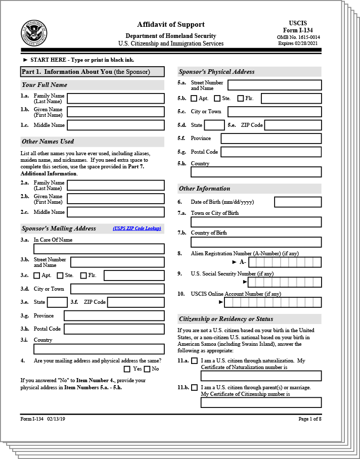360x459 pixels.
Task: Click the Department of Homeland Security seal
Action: coord(34,33)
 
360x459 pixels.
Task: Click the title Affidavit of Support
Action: coord(171,24)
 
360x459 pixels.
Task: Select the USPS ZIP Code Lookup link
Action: coord(137,228)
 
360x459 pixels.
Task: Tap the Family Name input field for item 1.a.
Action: coord(116,98)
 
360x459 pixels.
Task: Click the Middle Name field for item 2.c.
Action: coord(116,212)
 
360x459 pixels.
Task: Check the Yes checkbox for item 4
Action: coord(127,369)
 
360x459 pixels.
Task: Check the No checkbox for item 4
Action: coord(148,369)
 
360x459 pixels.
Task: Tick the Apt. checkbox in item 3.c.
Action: coord(36,276)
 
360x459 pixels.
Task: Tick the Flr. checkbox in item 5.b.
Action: coord(240,99)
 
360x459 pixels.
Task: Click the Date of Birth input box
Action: coord(298,202)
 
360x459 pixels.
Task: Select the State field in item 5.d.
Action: coord(214,125)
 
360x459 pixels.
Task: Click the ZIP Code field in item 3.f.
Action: coord(136,302)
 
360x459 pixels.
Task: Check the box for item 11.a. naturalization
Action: coord(194,361)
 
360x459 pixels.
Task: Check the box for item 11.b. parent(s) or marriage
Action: coord(194,388)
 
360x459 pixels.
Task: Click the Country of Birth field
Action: coord(256,242)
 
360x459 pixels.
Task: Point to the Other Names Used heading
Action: coord(48,142)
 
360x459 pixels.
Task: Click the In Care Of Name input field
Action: coord(99,249)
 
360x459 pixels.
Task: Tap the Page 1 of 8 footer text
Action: coord(309,419)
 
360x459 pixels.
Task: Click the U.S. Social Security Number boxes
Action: coord(285,282)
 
